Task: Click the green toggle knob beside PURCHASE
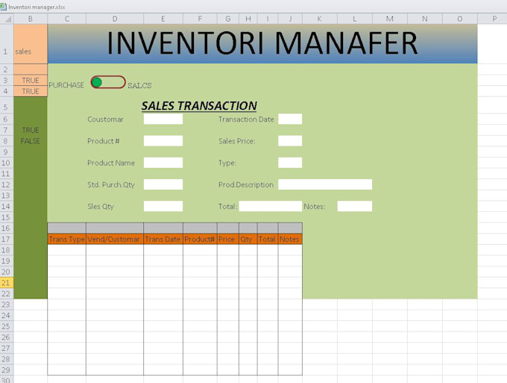click(x=96, y=83)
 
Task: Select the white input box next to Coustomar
click(x=163, y=119)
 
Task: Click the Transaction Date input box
click(x=290, y=119)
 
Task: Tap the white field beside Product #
click(x=163, y=141)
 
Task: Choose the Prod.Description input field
click(x=325, y=184)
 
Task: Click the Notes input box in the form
click(x=355, y=206)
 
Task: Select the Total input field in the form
click(x=271, y=206)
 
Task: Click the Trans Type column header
click(x=66, y=239)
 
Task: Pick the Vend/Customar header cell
click(x=115, y=239)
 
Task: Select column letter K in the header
click(x=319, y=19)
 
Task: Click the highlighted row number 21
click(x=7, y=283)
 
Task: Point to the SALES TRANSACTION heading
click(x=199, y=106)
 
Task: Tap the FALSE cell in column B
click(x=31, y=141)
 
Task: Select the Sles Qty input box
click(x=163, y=206)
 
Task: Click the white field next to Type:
click(x=290, y=163)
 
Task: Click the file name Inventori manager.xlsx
click(x=37, y=7)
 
